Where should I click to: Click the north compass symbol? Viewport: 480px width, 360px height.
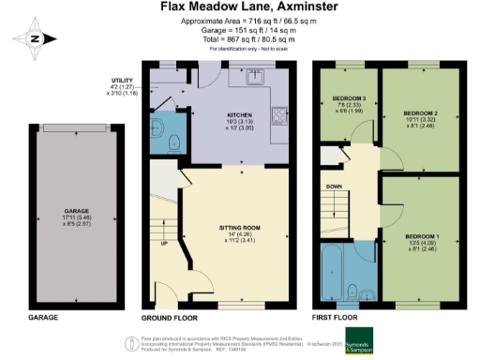[x=33, y=38]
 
